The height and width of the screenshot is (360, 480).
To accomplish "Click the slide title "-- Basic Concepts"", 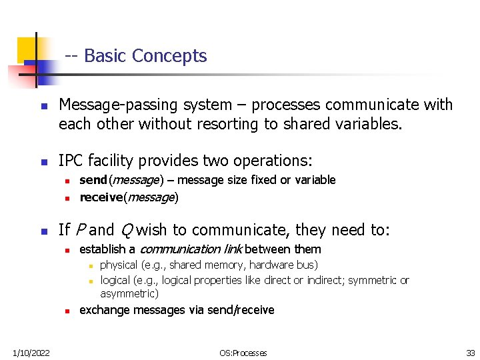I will pyautogui.click(x=136, y=56).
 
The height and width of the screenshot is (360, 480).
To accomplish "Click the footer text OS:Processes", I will pyautogui.click(x=243, y=353).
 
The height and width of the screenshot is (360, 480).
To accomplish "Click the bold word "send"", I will pyautogui.click(x=93, y=180).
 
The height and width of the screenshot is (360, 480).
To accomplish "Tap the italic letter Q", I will pyautogui.click(x=125, y=231).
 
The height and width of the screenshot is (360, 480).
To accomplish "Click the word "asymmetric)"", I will pyautogui.click(x=129, y=293).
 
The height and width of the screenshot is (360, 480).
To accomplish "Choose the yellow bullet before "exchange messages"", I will pyautogui.click(x=67, y=311).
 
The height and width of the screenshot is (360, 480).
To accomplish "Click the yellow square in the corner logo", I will pyautogui.click(x=27, y=47).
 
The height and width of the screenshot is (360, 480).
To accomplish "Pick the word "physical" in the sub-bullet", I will pyautogui.click(x=118, y=265).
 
